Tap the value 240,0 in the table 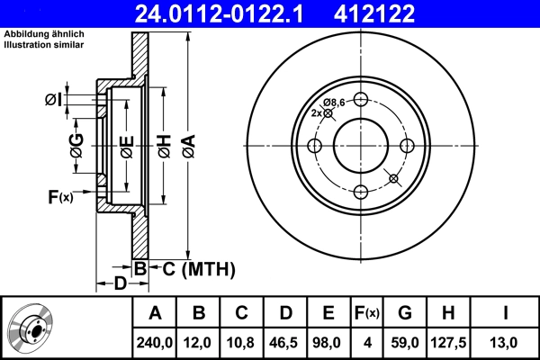(x=155, y=342)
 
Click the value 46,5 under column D (x=285, y=342)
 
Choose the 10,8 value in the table (x=241, y=342)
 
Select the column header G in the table (x=405, y=313)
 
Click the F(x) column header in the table (x=367, y=313)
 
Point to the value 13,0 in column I (x=506, y=342)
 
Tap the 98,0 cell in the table (x=329, y=342)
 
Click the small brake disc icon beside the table (x=33, y=327)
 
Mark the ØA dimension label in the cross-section (x=187, y=146)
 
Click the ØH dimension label (x=164, y=146)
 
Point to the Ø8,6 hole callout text (x=335, y=102)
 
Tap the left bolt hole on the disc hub (x=314, y=146)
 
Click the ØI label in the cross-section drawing (x=54, y=99)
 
